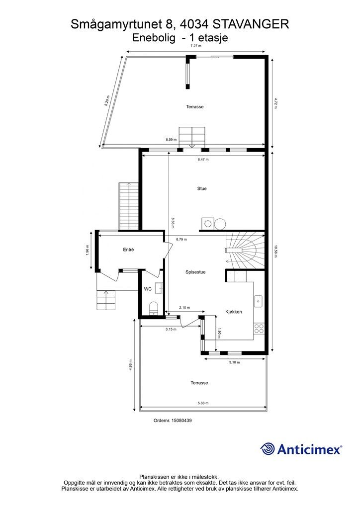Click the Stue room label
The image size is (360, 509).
coord(201,189)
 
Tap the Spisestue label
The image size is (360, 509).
coord(195,272)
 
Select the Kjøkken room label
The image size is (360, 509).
coord(234,312)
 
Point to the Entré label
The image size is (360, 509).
coord(129,250)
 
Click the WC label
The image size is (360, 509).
coord(148,289)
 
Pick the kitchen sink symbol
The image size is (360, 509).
coord(259,300)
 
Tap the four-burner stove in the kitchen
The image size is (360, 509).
coord(259,328)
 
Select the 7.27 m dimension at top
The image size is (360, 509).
coord(196,46)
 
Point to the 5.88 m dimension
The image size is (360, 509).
coord(203,403)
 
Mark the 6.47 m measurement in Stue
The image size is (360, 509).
coord(202,160)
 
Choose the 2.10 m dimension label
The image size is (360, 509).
coord(184,308)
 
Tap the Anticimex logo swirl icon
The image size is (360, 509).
coord(268,449)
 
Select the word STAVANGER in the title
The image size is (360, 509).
coord(251,24)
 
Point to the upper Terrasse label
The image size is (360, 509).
coord(195,107)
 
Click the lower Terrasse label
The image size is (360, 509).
coord(199,383)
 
